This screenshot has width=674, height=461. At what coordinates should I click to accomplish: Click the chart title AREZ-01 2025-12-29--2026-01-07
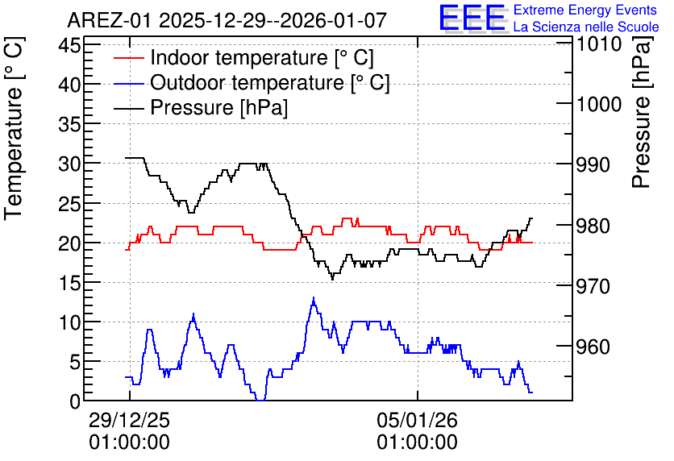pyautogui.click(x=227, y=20)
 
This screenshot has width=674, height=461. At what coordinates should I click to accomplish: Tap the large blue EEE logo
pyautogui.click(x=472, y=18)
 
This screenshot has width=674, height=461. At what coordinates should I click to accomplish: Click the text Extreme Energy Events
pyautogui.click(x=585, y=10)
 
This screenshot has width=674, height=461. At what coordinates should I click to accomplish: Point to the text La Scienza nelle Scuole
pyautogui.click(x=586, y=27)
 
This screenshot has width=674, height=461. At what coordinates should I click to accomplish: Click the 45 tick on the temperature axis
pyautogui.click(x=69, y=44)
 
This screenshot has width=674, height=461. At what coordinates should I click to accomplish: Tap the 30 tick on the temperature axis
pyautogui.click(x=69, y=164)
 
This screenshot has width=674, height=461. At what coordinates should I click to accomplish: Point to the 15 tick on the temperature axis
pyautogui.click(x=69, y=283)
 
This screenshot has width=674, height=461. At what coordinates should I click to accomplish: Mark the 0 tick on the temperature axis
pyautogui.click(x=76, y=401)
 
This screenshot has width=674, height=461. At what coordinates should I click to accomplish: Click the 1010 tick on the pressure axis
pyautogui.click(x=599, y=44)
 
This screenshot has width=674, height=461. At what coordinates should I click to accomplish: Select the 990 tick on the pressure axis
pyautogui.click(x=593, y=164)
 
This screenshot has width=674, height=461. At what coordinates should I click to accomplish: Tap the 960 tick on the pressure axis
pyautogui.click(x=593, y=347)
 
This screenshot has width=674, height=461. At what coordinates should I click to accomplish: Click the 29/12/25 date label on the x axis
pyautogui.click(x=129, y=421)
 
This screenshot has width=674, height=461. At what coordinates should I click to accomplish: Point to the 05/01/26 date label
pyautogui.click(x=418, y=421)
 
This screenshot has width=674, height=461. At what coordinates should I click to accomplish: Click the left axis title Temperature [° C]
pyautogui.click(x=14, y=129)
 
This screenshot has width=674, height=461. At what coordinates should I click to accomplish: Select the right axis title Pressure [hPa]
pyautogui.click(x=642, y=112)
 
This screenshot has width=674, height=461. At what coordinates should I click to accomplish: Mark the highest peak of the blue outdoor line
pyautogui.click(x=314, y=297)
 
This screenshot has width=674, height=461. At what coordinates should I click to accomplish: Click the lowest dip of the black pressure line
pyautogui.click(x=332, y=280)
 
